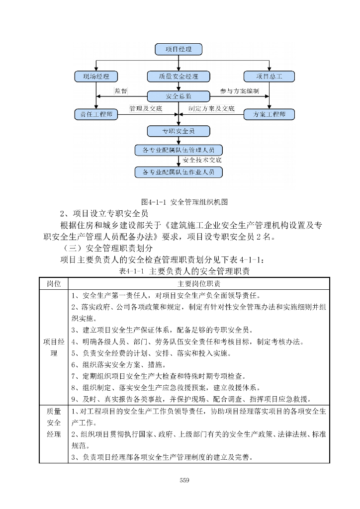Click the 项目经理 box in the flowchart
179,49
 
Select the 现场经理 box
96,77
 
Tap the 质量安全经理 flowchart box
179,77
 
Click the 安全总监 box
179,95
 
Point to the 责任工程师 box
96,114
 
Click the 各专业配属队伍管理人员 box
179,150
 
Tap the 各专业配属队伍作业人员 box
179,172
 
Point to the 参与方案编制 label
239,91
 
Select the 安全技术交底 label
202,161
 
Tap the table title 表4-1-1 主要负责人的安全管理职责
184,271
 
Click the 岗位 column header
54,283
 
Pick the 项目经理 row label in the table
54,348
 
